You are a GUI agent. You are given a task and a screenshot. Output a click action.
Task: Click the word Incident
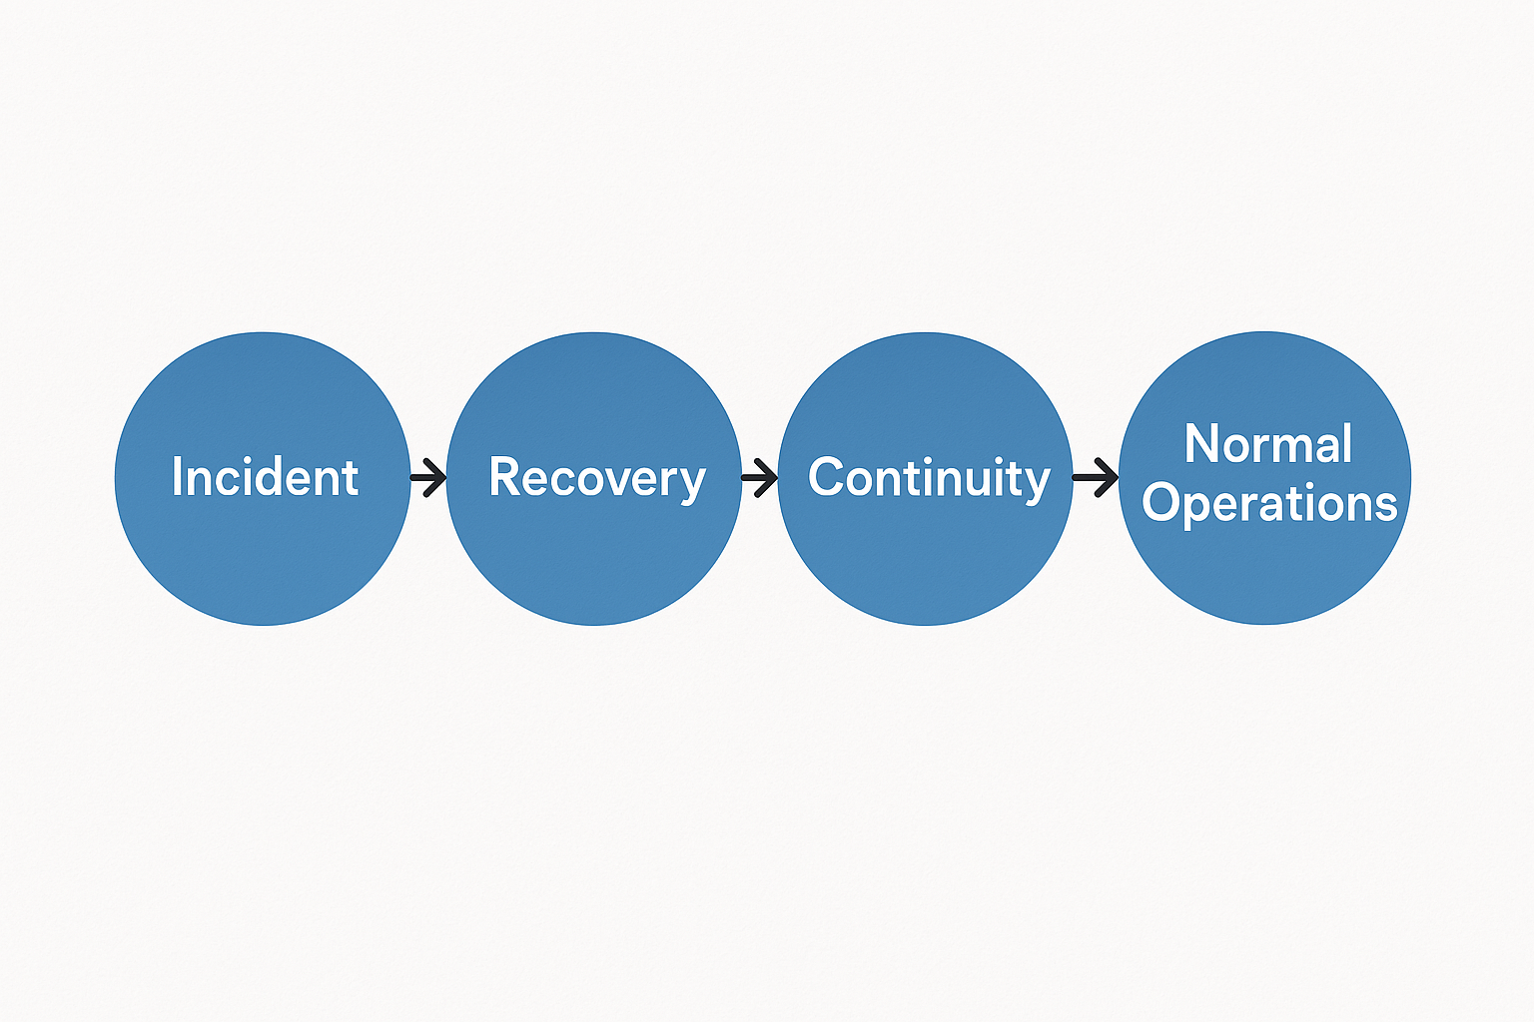265,477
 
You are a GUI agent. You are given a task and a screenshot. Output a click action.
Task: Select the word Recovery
596,478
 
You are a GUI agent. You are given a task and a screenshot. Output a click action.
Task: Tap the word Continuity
929,478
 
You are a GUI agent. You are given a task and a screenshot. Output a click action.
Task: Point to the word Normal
1267,444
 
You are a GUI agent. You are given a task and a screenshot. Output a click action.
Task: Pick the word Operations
1268,503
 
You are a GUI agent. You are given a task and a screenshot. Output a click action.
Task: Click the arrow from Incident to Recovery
428,477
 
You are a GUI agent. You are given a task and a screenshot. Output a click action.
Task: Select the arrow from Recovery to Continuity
759,477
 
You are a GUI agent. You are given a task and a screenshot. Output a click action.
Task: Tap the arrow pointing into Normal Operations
1096,477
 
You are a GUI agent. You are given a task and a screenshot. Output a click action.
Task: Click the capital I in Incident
177,477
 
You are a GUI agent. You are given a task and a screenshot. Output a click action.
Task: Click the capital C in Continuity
826,477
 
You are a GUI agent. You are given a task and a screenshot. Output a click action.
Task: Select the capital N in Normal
1201,444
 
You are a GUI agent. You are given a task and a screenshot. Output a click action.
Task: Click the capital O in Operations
1161,503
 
